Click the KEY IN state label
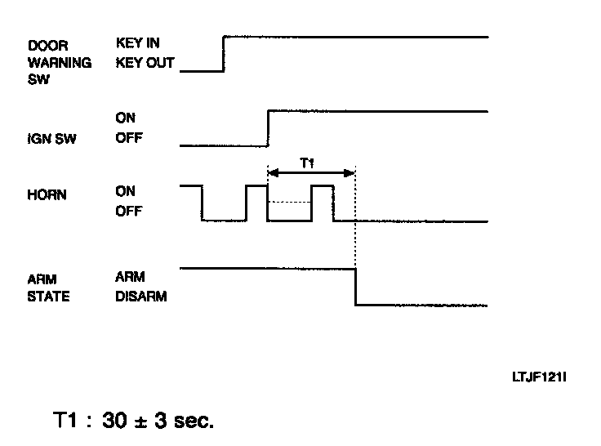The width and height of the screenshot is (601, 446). click(x=137, y=44)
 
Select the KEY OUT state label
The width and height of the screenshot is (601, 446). click(x=145, y=62)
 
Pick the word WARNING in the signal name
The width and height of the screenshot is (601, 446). click(x=59, y=62)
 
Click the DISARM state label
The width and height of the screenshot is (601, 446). click(x=140, y=297)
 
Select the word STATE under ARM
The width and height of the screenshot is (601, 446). click(x=49, y=297)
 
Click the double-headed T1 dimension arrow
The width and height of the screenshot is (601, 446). click(x=311, y=173)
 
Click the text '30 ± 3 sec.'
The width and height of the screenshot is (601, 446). click(x=158, y=421)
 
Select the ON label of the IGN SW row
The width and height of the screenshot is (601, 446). click(x=125, y=119)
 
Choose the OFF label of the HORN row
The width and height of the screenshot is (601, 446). click(x=127, y=212)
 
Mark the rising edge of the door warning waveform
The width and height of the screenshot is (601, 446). click(x=224, y=54)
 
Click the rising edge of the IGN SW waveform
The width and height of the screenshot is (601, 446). click(x=268, y=128)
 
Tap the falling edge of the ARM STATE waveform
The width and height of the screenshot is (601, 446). click(x=355, y=287)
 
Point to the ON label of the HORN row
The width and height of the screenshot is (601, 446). click(x=125, y=191)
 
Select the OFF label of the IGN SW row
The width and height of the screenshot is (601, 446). click(x=127, y=138)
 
